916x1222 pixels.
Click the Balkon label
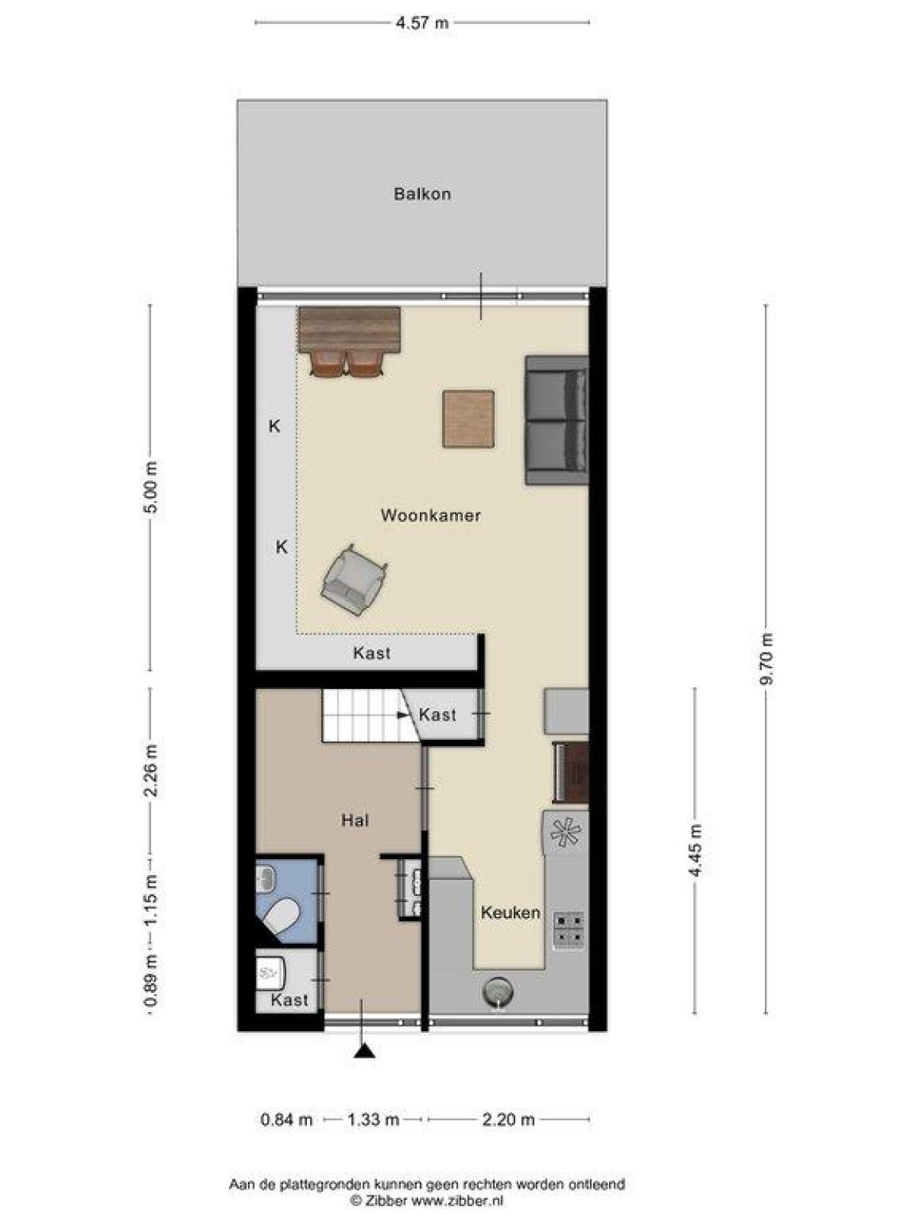click(x=422, y=194)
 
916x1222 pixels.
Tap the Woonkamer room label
click(x=431, y=516)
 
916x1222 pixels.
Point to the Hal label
click(x=356, y=820)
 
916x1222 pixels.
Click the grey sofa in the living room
click(x=556, y=421)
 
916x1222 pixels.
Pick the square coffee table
click(x=468, y=419)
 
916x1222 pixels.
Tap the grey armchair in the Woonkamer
click(x=353, y=580)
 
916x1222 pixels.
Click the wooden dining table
click(x=350, y=329)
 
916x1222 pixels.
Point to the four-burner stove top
click(x=569, y=931)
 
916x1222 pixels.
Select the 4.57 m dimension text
click(x=422, y=23)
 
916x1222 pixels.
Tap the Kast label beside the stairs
click(x=437, y=714)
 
